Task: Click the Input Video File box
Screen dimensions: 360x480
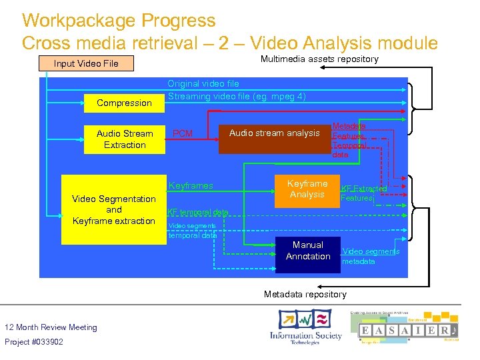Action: pyautogui.click(x=86, y=63)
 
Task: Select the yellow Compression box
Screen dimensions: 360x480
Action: pyautogui.click(x=124, y=103)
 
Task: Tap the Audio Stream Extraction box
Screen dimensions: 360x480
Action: pyautogui.click(x=124, y=139)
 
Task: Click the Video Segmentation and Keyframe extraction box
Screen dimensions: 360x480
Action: pyautogui.click(x=113, y=209)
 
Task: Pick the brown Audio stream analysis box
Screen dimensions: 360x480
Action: pyautogui.click(x=274, y=133)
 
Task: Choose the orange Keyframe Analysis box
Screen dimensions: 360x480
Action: pyautogui.click(x=307, y=189)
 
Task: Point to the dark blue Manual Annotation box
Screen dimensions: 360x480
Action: pyautogui.click(x=307, y=251)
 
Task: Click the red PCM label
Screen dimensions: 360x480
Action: pyautogui.click(x=182, y=134)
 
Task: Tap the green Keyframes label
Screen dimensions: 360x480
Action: pyautogui.click(x=191, y=185)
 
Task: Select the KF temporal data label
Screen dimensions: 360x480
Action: pyautogui.click(x=197, y=212)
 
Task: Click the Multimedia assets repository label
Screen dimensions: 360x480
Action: pyautogui.click(x=319, y=59)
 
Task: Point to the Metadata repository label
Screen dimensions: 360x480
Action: pyautogui.click(x=305, y=294)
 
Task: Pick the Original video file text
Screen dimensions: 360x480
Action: pyautogui.click(x=203, y=84)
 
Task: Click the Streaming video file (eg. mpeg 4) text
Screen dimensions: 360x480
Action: pyautogui.click(x=237, y=96)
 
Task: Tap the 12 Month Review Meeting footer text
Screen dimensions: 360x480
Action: pyautogui.click(x=51, y=327)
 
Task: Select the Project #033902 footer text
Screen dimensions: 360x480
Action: pyautogui.click(x=34, y=342)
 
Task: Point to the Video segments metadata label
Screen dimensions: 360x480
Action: pyautogui.click(x=370, y=256)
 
